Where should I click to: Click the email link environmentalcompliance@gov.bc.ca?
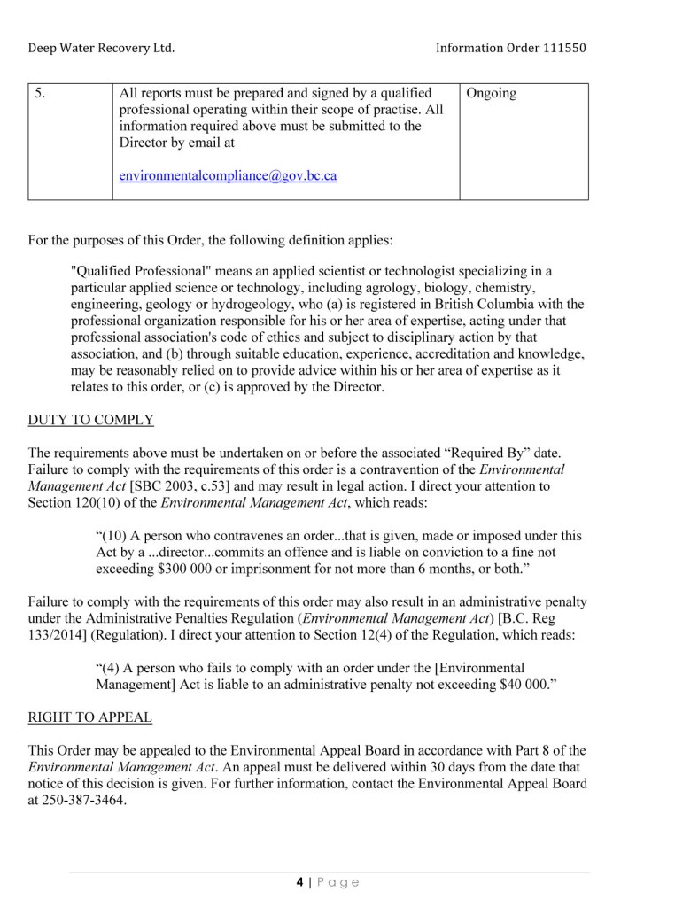coord(228,175)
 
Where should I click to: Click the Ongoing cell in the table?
coord(491,93)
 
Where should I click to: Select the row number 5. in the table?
coord(40,93)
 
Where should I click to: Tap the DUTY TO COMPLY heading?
coord(91,420)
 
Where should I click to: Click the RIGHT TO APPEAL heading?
coord(89,717)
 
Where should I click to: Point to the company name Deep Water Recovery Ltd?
coord(101,48)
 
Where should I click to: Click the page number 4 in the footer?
coord(299,881)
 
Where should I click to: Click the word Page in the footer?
coord(337,881)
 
